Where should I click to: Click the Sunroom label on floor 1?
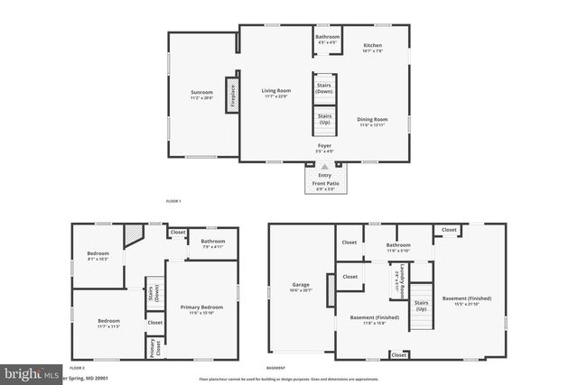click(x=201, y=94)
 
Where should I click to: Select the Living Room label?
click(x=275, y=92)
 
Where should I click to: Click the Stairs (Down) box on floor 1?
click(x=324, y=88)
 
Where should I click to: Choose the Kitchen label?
click(x=372, y=47)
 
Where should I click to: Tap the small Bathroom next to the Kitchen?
click(x=327, y=39)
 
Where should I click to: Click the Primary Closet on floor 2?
click(x=154, y=345)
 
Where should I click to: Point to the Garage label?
click(x=301, y=288)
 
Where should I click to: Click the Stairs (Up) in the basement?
click(x=421, y=307)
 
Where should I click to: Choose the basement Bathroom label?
click(x=398, y=246)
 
